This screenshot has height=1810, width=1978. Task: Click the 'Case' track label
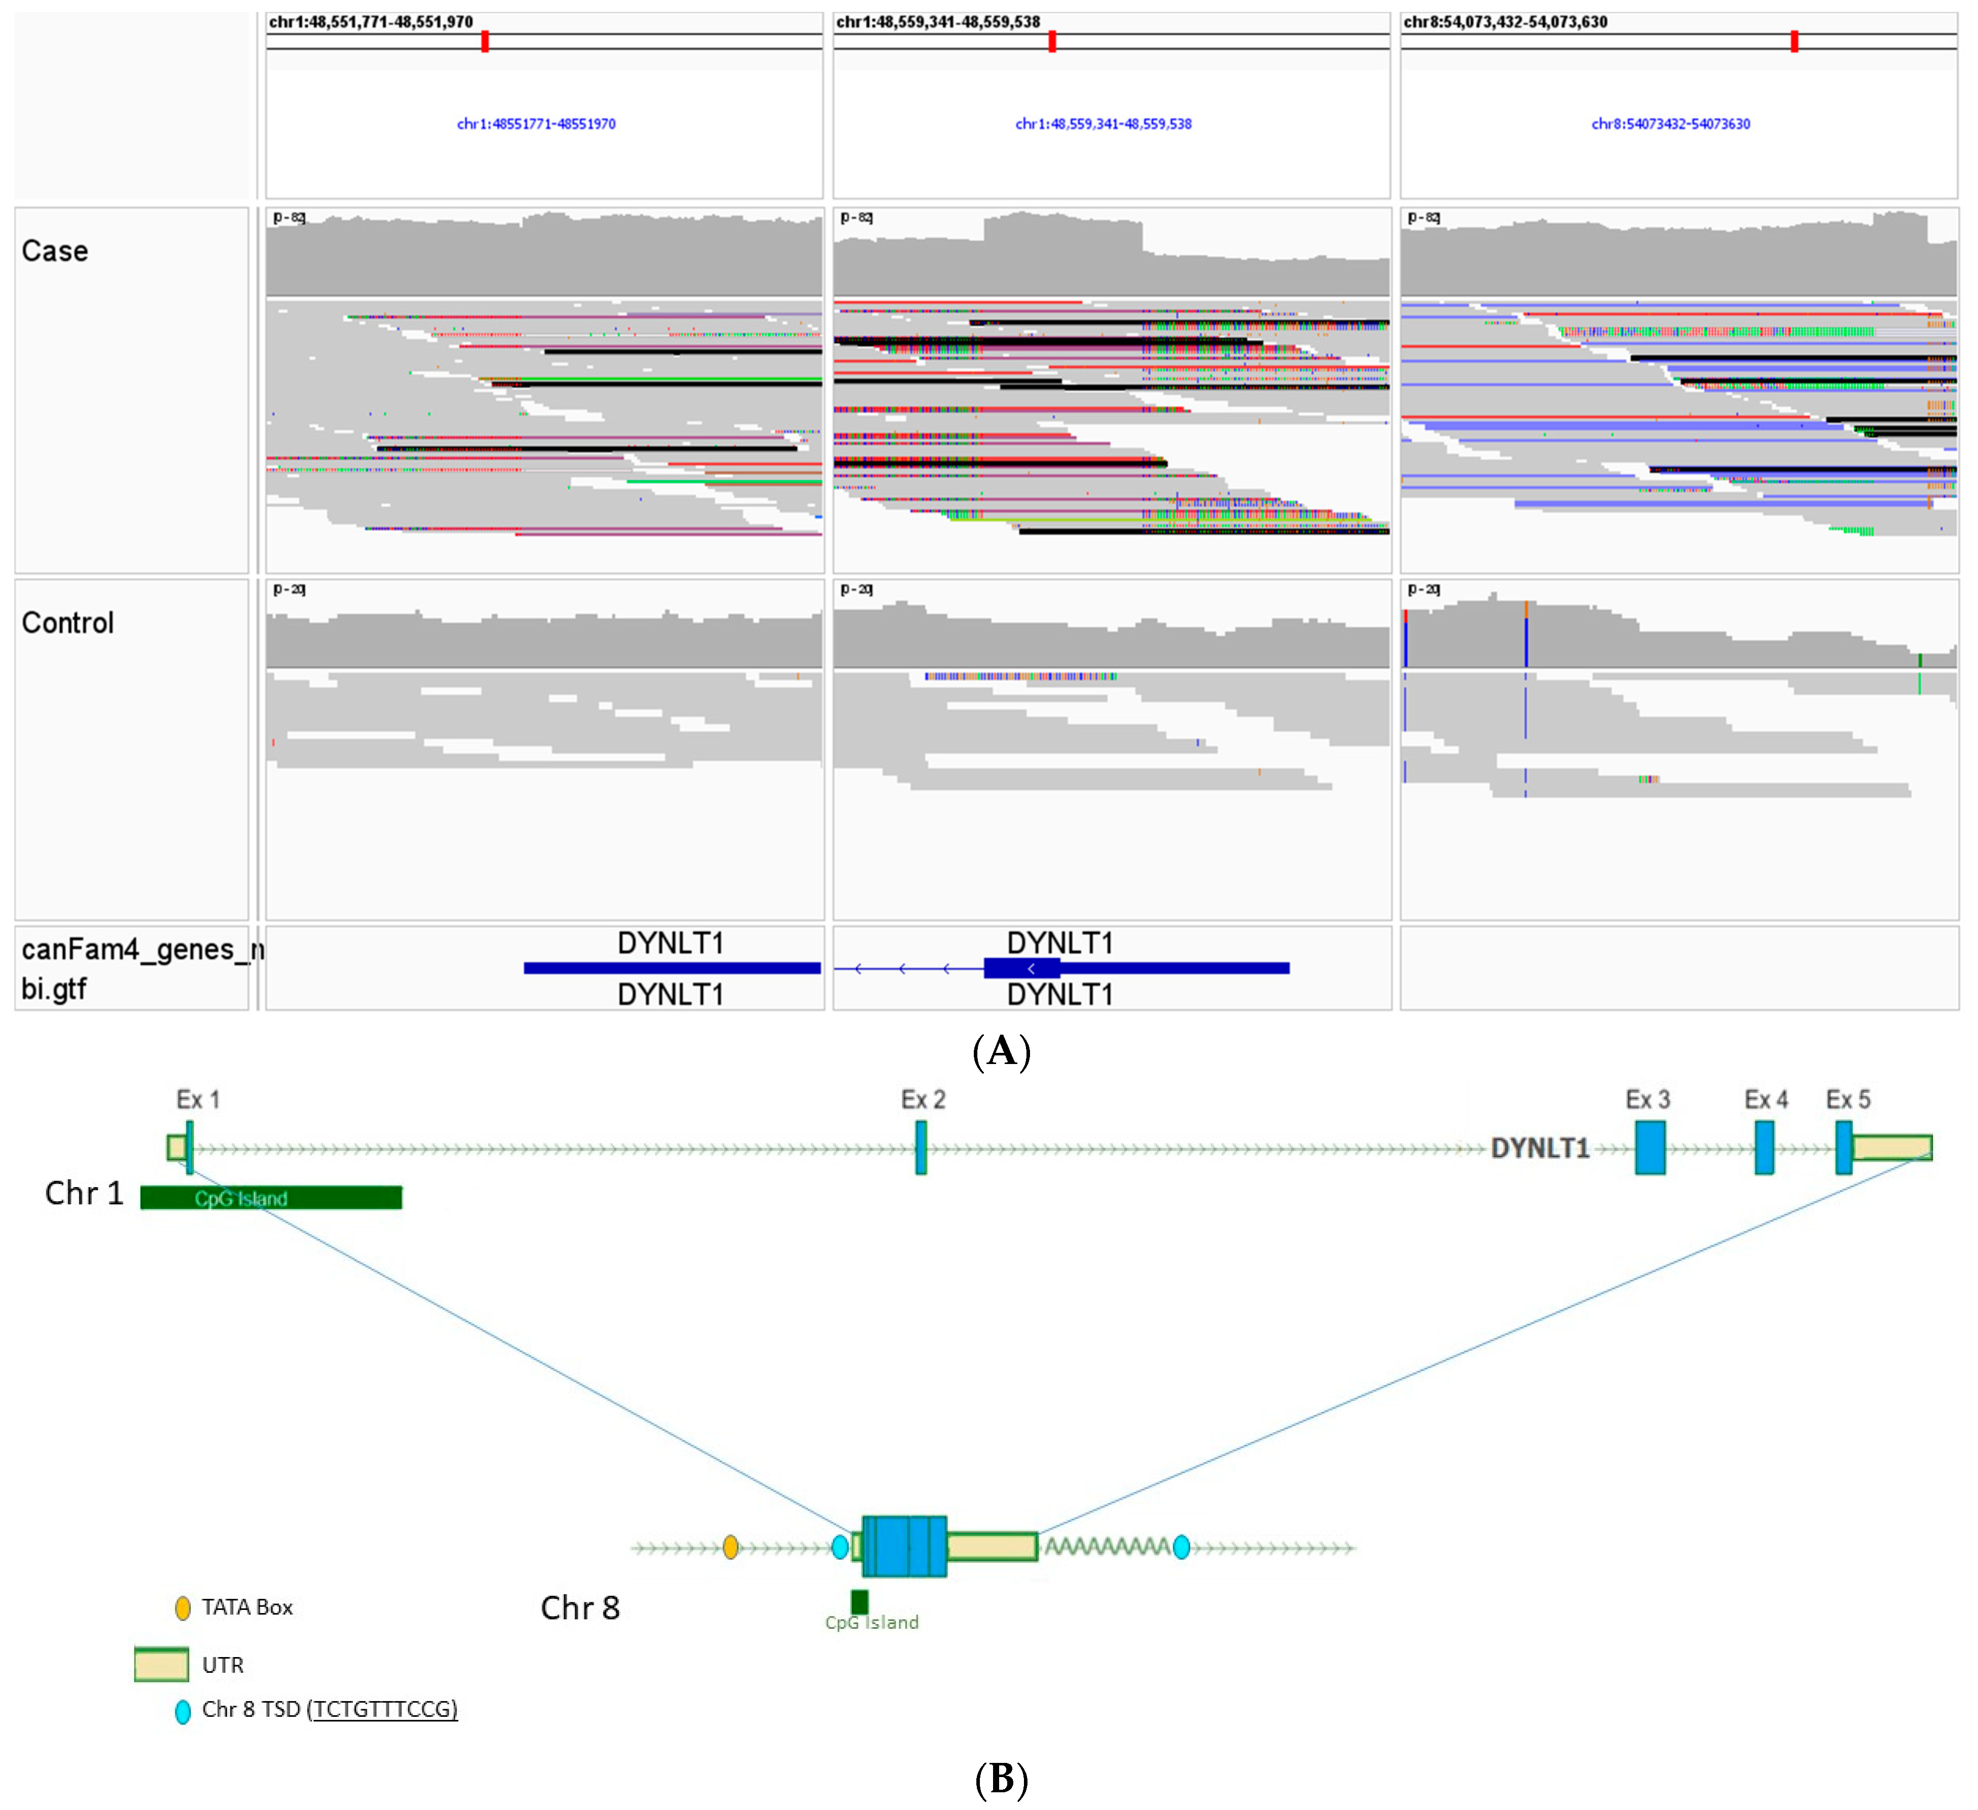coord(55,251)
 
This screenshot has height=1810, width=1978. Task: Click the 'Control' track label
coord(68,623)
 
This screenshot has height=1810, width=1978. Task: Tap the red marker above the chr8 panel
coord(1795,41)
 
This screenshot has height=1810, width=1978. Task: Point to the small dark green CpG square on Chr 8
coord(859,1601)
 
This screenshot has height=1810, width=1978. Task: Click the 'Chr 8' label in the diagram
coord(580,1608)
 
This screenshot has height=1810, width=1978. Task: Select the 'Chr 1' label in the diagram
coord(85,1193)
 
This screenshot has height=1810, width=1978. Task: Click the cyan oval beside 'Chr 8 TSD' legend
coord(182,1712)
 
